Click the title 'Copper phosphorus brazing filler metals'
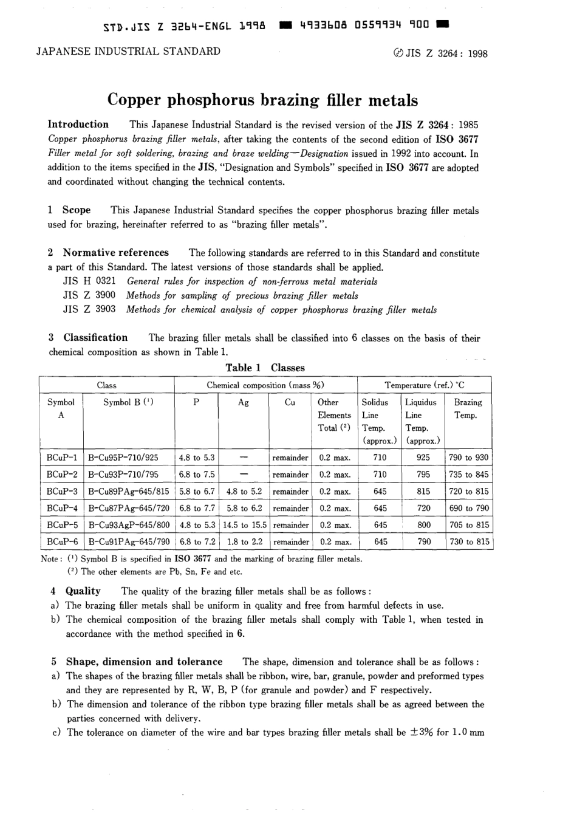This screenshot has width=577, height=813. point(262,100)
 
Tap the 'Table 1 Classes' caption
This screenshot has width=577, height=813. point(265,368)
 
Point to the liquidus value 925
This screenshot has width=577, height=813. point(423,458)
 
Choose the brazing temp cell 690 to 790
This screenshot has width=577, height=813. point(468,508)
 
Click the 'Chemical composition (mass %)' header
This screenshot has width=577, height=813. point(265,385)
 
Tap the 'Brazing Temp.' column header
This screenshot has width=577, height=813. point(467,409)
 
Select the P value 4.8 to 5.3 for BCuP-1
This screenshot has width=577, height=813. point(197,458)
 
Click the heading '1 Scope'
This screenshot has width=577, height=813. point(69,210)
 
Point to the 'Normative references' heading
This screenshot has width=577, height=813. point(116,253)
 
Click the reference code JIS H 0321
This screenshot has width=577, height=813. point(89,281)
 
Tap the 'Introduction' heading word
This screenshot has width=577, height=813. point(78,125)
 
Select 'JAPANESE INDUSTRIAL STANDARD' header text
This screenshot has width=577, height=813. point(129,51)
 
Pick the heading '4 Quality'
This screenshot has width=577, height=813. point(76,591)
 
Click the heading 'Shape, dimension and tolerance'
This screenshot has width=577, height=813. point(144,662)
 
